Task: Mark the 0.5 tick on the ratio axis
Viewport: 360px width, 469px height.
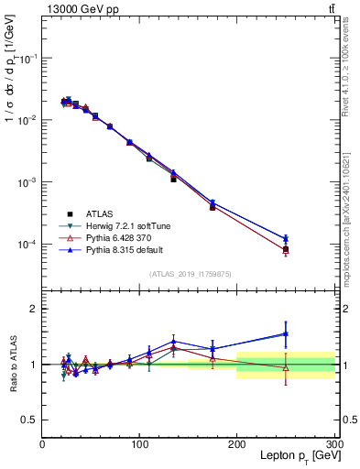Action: pos(29,420)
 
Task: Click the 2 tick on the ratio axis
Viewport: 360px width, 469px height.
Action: pos(34,309)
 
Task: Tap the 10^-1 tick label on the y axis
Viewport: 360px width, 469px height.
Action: pos(27,58)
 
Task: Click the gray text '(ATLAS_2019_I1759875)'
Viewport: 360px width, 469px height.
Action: pos(189,273)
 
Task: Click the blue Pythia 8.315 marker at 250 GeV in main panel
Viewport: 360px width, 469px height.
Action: pos(286,239)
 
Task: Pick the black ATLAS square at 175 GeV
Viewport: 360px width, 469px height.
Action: pos(213,207)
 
